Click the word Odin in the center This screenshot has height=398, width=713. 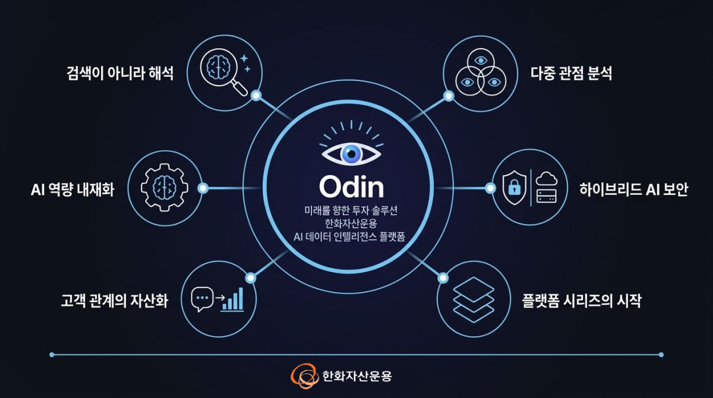pyautogui.click(x=351, y=187)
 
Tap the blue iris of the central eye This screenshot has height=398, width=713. pyautogui.click(x=351, y=154)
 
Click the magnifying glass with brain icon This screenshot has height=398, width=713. pyautogui.click(x=224, y=71)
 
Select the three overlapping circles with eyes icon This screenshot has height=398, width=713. pyautogui.click(x=481, y=72)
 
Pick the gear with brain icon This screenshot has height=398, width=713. pyautogui.click(x=164, y=187)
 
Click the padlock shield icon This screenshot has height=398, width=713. pyautogui.click(x=514, y=187)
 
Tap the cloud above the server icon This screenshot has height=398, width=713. pyautogui.click(x=547, y=179)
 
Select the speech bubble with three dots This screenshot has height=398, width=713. pyautogui.click(x=202, y=299)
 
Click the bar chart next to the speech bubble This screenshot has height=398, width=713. pyautogui.click(x=232, y=299)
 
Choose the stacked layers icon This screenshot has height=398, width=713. pyautogui.click(x=474, y=299)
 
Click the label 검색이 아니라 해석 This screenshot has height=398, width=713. pyautogui.click(x=120, y=73)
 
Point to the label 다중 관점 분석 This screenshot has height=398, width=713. pyautogui.click(x=571, y=73)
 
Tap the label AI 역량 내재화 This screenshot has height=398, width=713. pyautogui.click(x=72, y=189)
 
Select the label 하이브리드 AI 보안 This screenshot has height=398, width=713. pyautogui.click(x=634, y=189)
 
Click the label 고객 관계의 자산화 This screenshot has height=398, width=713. pyautogui.click(x=114, y=301)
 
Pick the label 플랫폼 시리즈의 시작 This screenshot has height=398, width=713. pyautogui.click(x=582, y=301)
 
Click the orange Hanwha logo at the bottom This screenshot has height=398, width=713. pyautogui.click(x=305, y=376)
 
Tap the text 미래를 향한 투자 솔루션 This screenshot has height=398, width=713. pyautogui.click(x=351, y=210)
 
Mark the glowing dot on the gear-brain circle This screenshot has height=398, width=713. pyautogui.click(x=203, y=188)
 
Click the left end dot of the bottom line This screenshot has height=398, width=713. pyautogui.click(x=52, y=355)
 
